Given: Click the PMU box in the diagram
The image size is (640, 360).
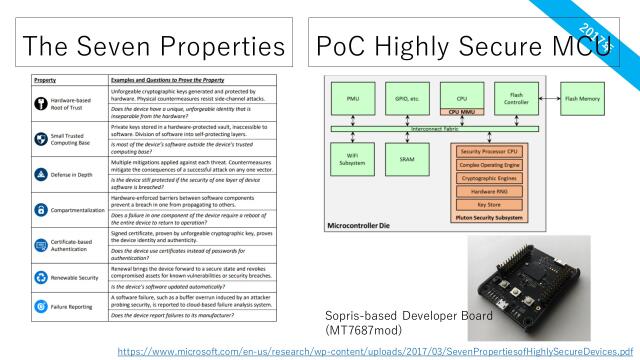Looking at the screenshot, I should [x=352, y=99].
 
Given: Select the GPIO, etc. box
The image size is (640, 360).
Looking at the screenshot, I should [x=406, y=99].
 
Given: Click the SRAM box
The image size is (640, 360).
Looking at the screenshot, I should [x=406, y=160].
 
